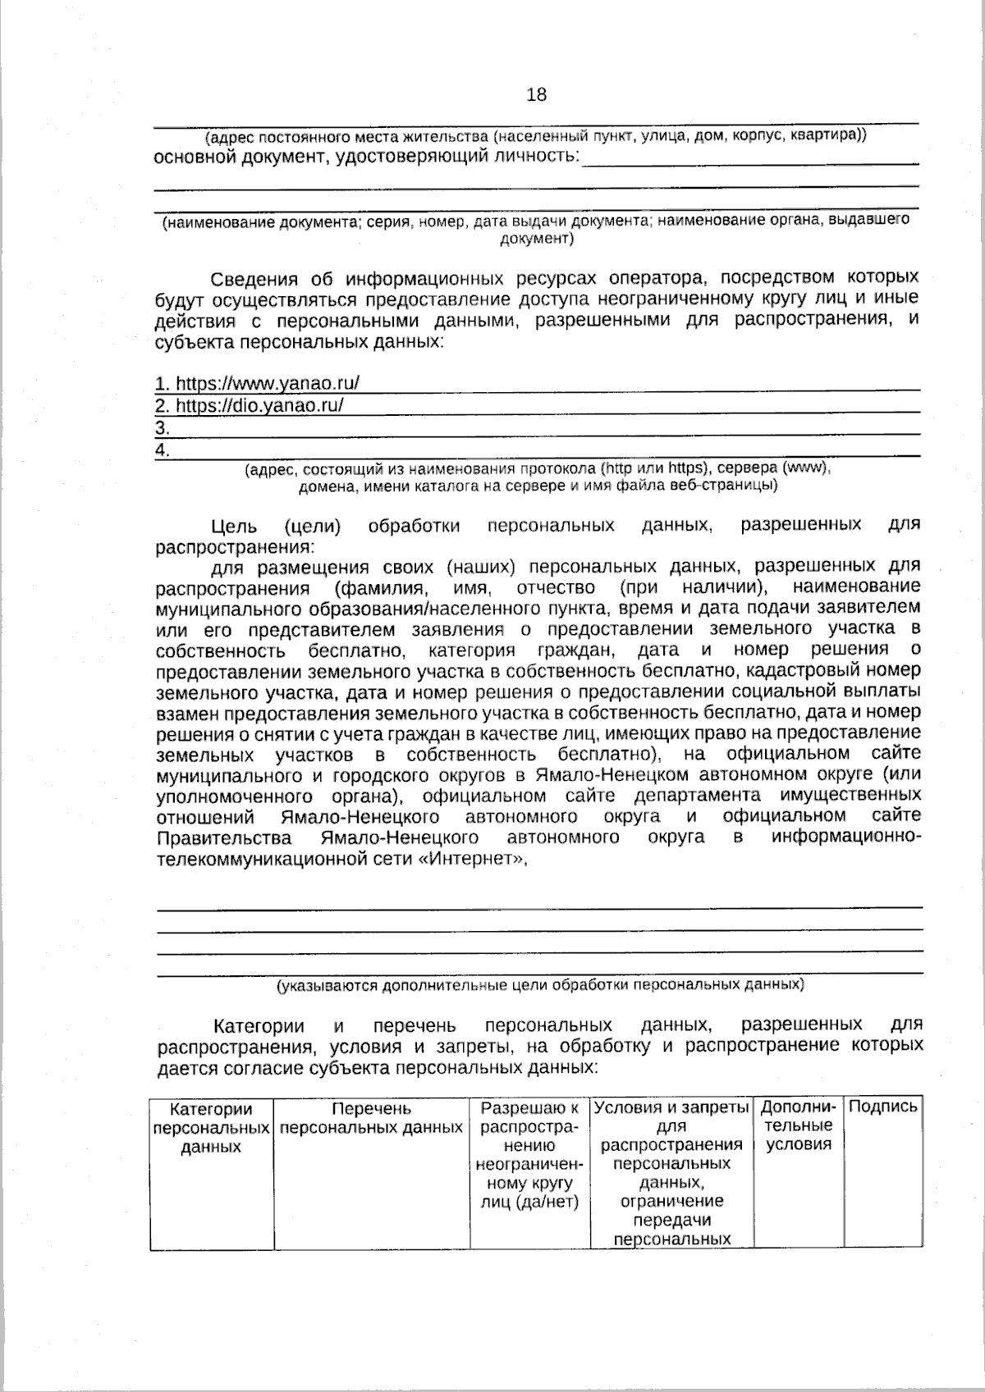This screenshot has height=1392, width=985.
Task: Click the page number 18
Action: (536, 95)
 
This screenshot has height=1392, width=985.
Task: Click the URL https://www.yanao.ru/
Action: (258, 383)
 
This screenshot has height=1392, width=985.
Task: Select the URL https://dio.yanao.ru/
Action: (249, 405)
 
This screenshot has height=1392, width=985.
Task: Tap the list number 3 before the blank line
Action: (162, 427)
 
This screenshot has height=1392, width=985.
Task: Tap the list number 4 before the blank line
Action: (162, 450)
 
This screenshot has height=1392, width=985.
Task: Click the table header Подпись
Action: (882, 1107)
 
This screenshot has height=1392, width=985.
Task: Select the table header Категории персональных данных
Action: (211, 1128)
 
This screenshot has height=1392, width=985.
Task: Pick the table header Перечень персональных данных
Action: (371, 1118)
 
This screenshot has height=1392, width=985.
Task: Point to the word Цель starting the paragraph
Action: (234, 525)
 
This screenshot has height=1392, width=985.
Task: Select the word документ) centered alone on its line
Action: (536, 240)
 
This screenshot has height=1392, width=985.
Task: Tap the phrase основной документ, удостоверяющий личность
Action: (366, 156)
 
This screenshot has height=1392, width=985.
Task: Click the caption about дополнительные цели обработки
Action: (539, 984)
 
